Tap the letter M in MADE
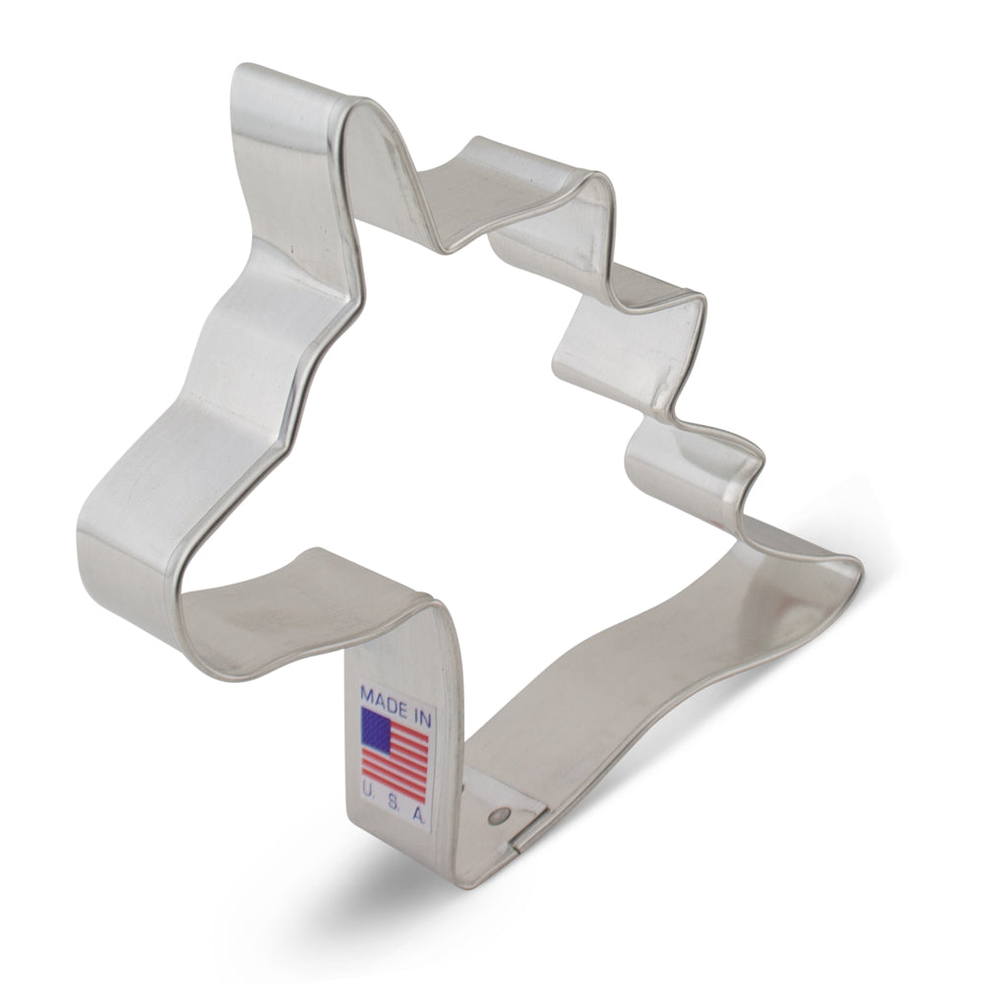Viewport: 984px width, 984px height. [x=367, y=693]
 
